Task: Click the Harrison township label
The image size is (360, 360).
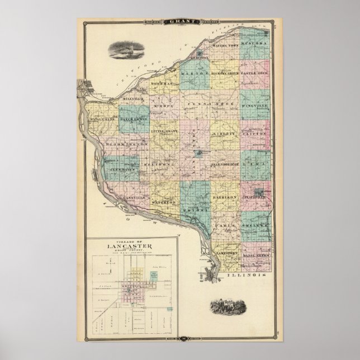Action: (x=225, y=198)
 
